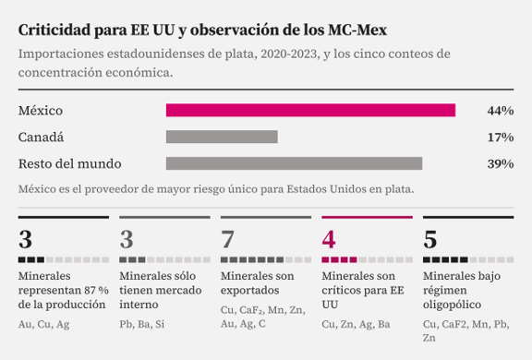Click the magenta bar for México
(310, 111)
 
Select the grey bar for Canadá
(222, 137)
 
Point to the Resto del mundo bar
(294, 163)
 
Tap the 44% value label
(501, 111)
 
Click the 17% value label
(501, 138)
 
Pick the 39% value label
(501, 163)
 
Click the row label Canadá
(41, 138)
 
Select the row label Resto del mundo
(70, 163)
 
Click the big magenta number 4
(329, 239)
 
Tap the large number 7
(227, 239)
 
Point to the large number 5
(430, 239)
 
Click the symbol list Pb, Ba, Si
(142, 324)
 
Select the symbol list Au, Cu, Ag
(43, 324)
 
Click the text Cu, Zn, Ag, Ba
(356, 324)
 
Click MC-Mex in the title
(357, 30)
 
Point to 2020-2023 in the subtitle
(289, 54)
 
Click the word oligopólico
(452, 305)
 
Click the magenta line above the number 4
(367, 217)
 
